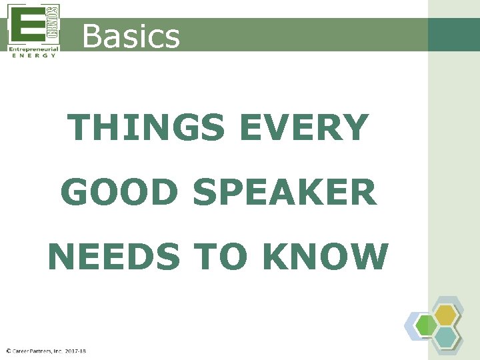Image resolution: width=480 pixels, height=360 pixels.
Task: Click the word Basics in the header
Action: click(x=131, y=36)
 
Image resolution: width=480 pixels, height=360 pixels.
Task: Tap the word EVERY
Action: click(x=303, y=128)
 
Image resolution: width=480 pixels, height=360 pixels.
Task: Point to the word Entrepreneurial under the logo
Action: click(x=34, y=49)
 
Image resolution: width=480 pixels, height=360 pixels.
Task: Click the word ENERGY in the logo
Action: click(x=34, y=56)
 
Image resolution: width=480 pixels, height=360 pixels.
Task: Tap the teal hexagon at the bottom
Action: click(x=446, y=337)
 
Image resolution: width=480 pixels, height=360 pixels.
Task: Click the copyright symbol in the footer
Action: click(x=8, y=351)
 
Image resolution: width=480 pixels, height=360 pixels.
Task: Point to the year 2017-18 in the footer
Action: click(x=76, y=351)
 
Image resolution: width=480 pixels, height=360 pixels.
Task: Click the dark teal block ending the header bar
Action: click(x=453, y=34)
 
